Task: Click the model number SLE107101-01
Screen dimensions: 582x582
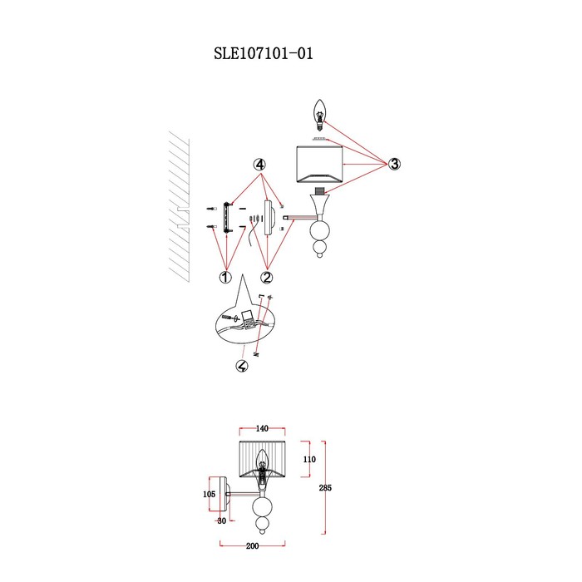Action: pos(264,53)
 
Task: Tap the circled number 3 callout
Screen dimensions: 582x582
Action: pos(394,164)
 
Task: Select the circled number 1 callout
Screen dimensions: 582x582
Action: pos(225,277)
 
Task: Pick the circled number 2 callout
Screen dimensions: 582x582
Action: pos(267,277)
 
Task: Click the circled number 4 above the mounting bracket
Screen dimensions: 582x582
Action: pos(259,164)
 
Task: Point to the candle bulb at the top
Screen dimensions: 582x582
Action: pos(319,115)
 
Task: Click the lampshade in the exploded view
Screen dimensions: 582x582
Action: pos(319,165)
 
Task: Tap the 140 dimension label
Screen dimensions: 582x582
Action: pos(262,429)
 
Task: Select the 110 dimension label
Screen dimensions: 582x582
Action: pos(309,459)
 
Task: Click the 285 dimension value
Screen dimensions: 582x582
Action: pos(325,488)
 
